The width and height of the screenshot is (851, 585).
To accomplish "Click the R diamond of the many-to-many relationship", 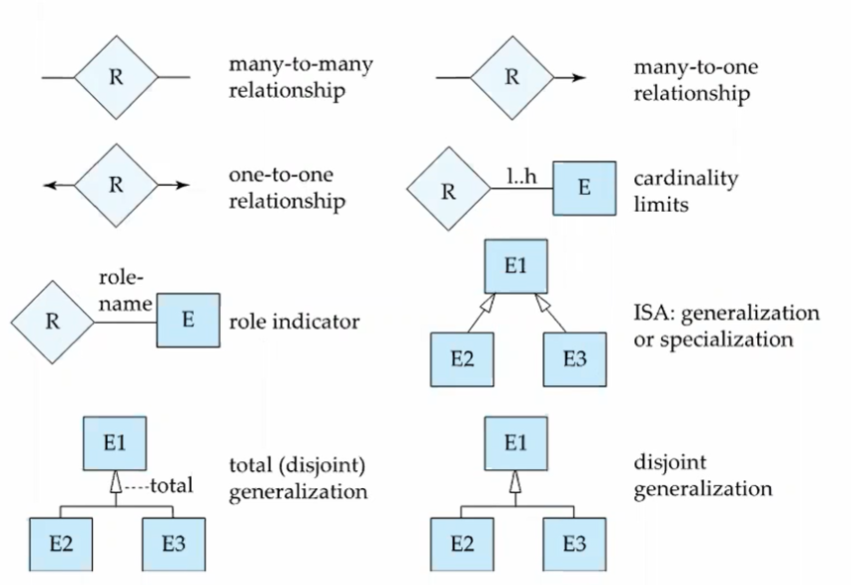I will pos(116,77).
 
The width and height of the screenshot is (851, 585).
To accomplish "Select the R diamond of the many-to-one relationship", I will pos(511,77).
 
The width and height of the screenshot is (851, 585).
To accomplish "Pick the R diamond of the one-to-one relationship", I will pos(116,185).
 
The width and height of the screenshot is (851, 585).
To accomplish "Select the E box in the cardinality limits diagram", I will pos(583,188).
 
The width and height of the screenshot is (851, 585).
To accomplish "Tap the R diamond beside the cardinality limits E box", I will pos(448,190).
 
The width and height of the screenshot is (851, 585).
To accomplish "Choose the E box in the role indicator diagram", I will pos(188,321).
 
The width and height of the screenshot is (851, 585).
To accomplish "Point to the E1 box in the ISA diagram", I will pos(514,267).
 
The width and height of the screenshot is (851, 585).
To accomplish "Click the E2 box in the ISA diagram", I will pos(461,357).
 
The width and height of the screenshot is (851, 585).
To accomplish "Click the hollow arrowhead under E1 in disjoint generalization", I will pos(514,483).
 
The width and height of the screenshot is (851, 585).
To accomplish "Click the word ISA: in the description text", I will pos(653,314).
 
